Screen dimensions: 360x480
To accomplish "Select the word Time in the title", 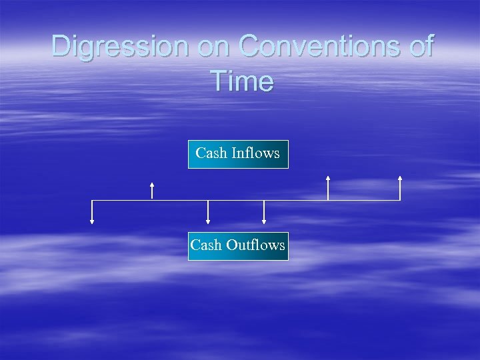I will click(241, 81).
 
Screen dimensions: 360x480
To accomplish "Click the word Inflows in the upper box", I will click(255, 153).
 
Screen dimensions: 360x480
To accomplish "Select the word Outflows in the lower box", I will click(255, 245).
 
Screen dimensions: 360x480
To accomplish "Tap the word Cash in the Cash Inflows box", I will click(211, 153).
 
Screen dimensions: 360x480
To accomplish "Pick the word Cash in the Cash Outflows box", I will click(206, 245).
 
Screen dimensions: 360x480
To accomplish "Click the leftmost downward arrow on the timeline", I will click(92, 212).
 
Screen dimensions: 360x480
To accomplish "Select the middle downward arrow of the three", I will click(208, 212).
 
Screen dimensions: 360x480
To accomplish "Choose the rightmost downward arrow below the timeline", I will click(264, 212).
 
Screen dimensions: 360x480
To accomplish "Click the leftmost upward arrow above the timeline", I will click(152, 190).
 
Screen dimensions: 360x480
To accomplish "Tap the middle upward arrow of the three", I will click(327, 187).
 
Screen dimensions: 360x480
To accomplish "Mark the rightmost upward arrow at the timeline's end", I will click(400, 187).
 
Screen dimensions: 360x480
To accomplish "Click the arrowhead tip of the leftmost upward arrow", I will click(152, 183).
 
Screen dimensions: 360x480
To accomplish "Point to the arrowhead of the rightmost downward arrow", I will click(264, 222).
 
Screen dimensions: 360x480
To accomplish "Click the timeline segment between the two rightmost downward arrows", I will click(236, 200).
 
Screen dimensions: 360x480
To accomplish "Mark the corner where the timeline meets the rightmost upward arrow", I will click(400, 200).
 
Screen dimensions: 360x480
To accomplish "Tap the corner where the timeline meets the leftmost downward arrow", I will click(92, 200).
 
